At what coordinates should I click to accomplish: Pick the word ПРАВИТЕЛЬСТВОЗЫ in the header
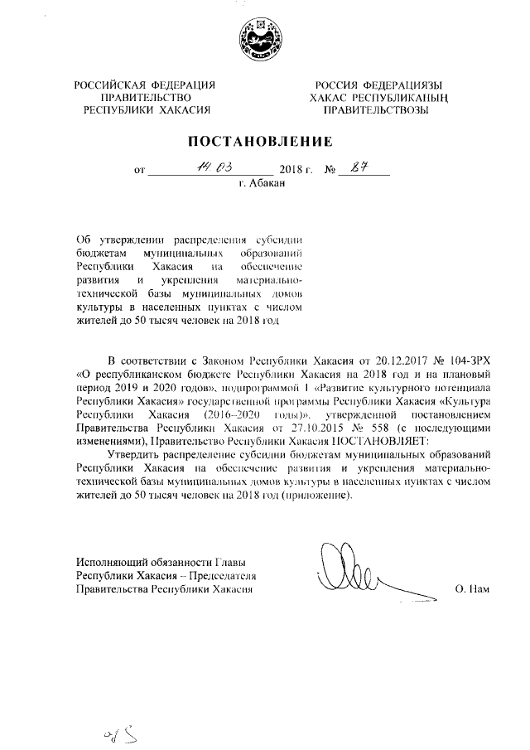point(376,109)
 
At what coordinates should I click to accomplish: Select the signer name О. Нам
point(473,590)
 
